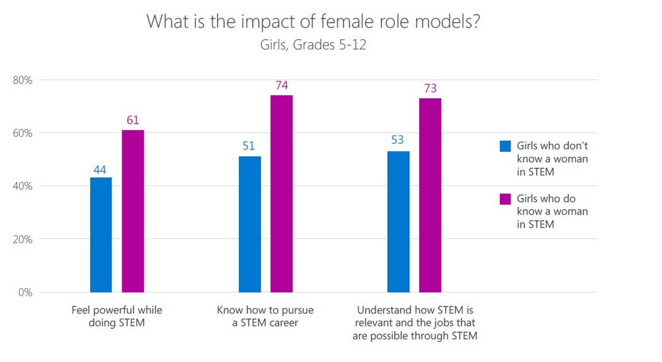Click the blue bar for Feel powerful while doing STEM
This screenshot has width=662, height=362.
(101, 235)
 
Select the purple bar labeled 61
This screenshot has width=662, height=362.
(132, 211)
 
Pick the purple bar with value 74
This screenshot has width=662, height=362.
(281, 194)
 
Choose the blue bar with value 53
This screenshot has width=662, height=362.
(398, 221)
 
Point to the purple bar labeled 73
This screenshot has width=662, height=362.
(430, 195)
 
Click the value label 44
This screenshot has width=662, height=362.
(100, 169)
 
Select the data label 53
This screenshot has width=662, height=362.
(397, 140)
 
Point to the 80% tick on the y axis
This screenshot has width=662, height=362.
(23, 80)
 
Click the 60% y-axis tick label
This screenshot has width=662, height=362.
(23, 133)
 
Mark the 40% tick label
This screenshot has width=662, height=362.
(23, 186)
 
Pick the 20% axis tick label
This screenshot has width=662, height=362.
(23, 239)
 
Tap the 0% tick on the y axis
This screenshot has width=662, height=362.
(25, 292)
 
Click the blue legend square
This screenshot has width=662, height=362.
(505, 146)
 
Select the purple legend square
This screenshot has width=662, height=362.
(505, 199)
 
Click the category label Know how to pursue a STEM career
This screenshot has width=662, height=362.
(265, 317)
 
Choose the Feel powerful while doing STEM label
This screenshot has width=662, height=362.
(117, 317)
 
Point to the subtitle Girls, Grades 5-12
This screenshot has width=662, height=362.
(313, 45)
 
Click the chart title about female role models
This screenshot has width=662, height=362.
(313, 21)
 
